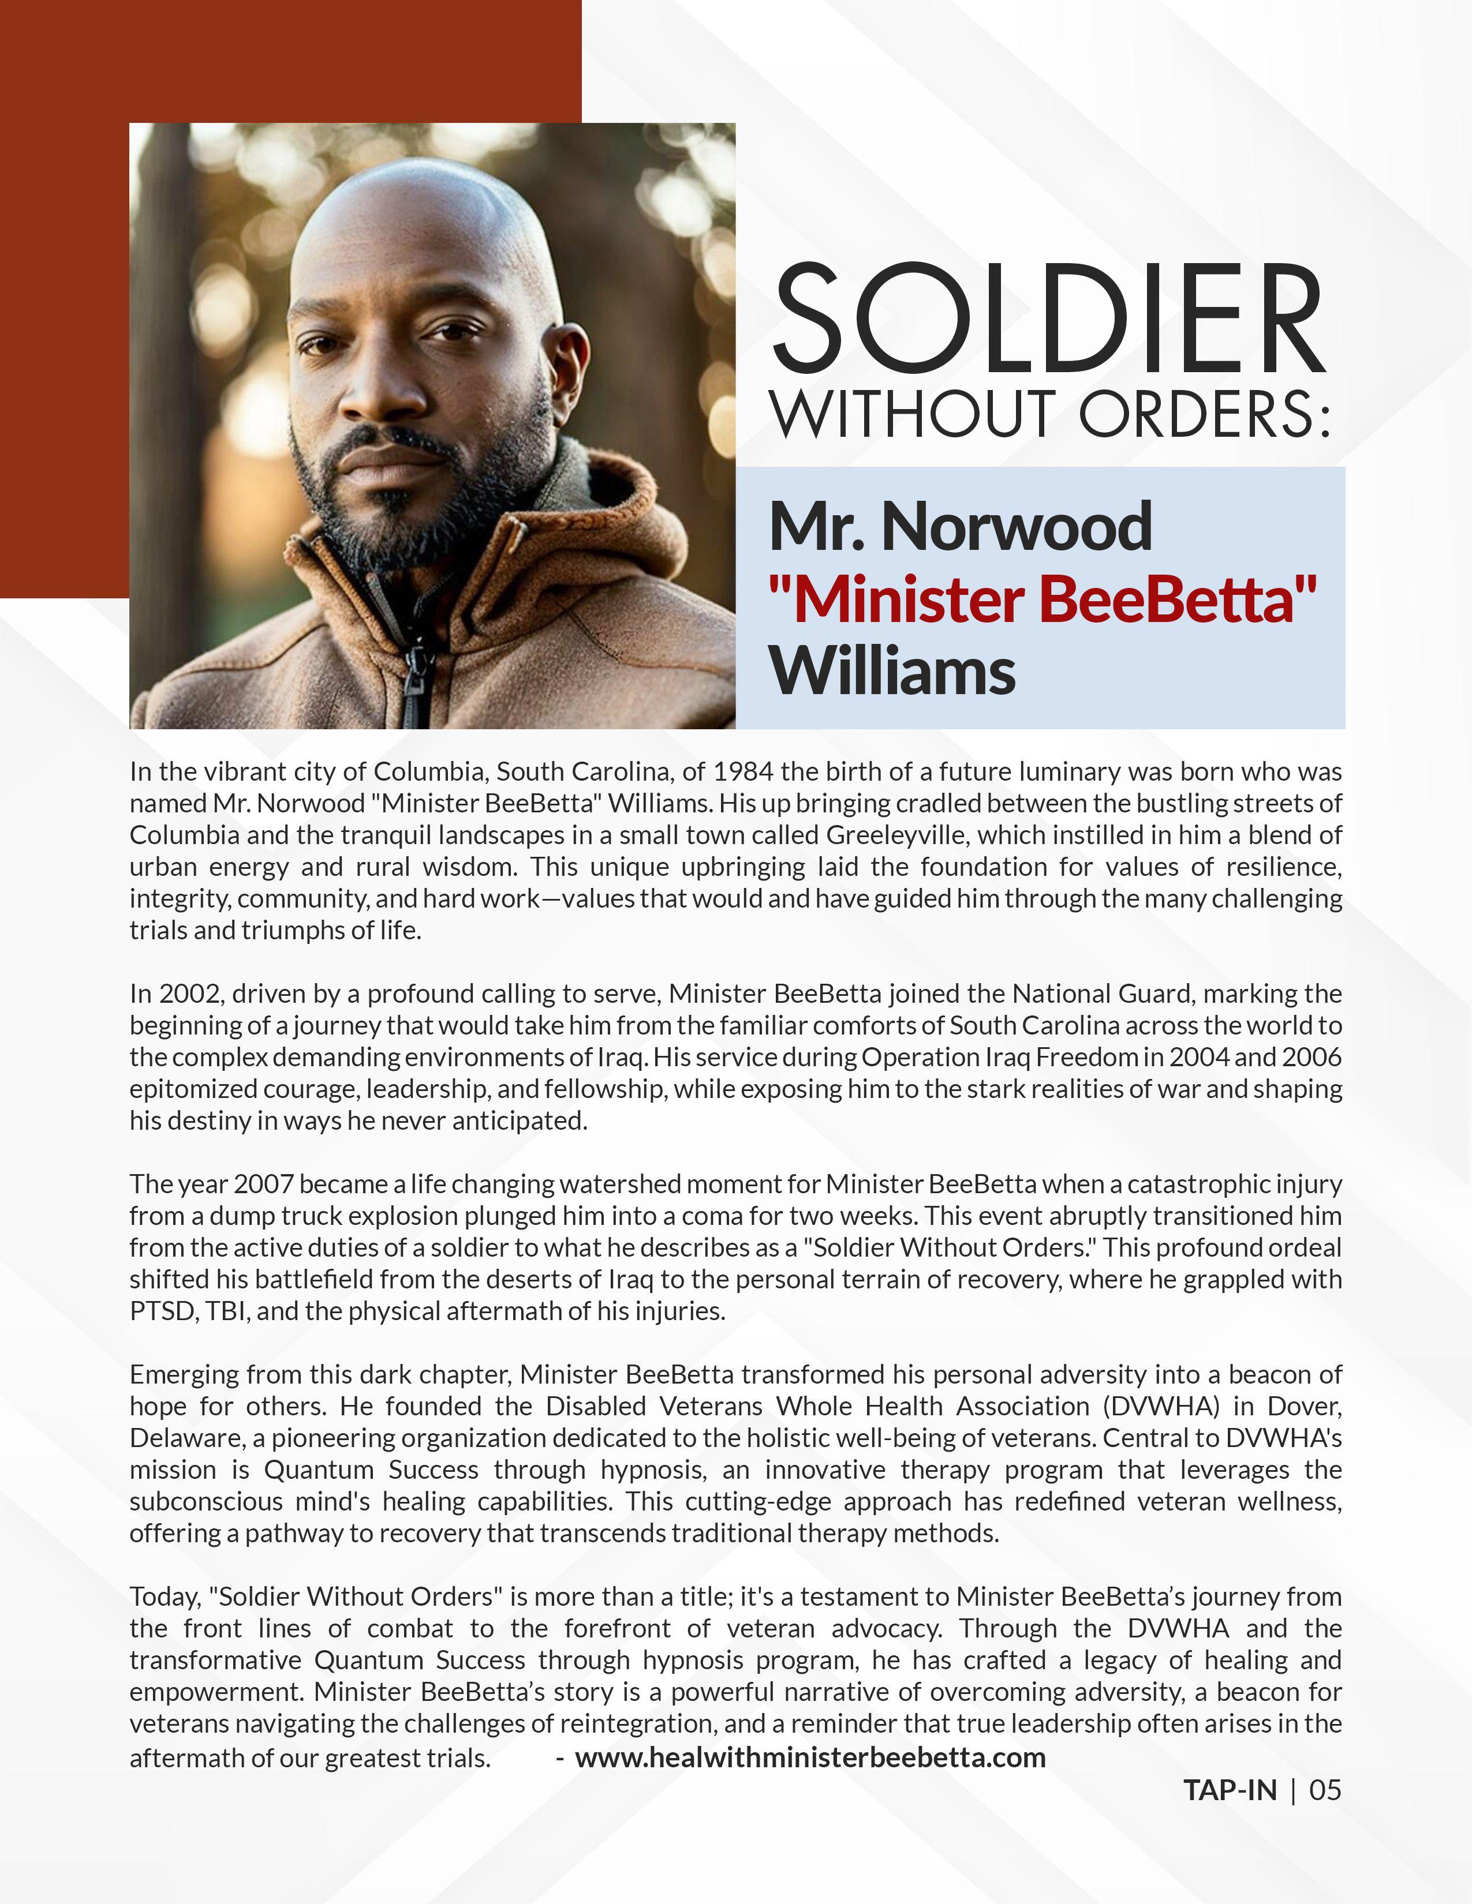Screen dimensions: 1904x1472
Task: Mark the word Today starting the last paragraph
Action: point(166,1597)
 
